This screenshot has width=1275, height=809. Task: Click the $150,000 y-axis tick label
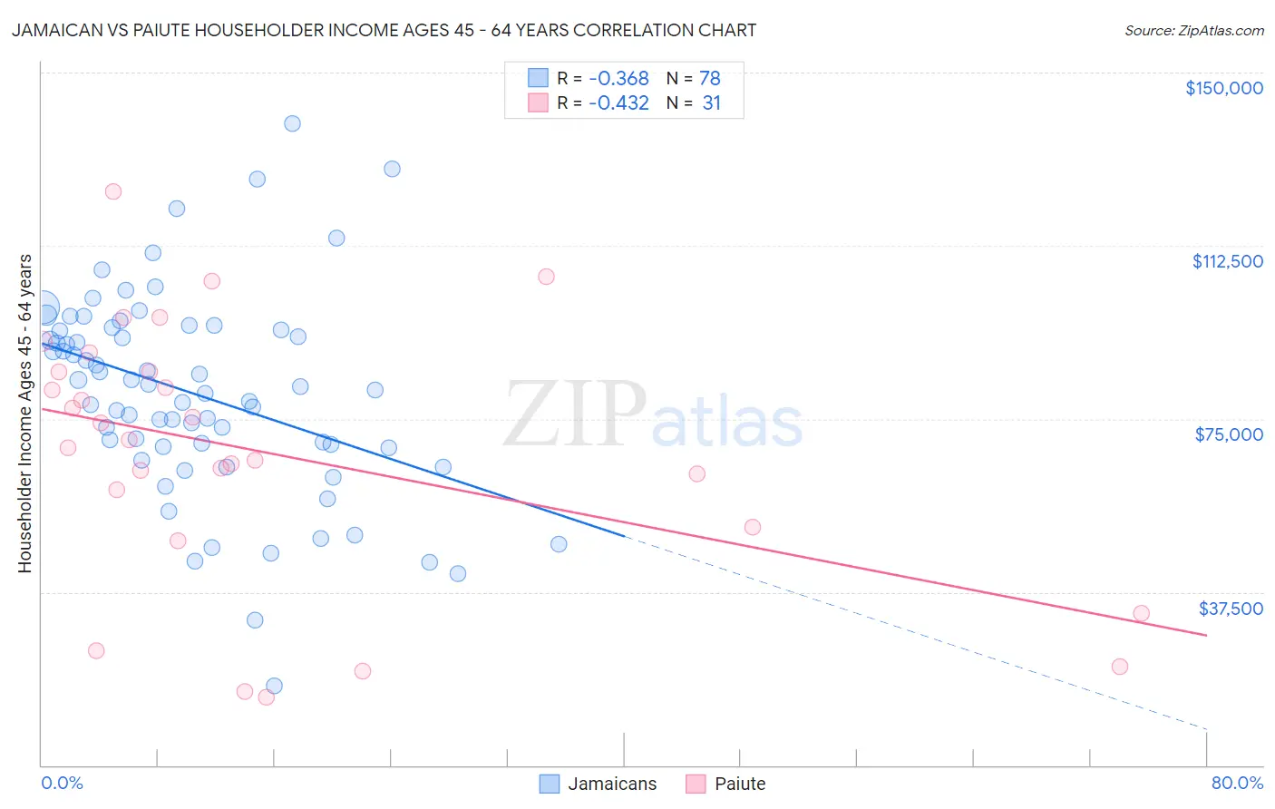pos(1223,88)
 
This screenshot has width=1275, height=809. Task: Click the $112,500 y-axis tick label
pos(1227,261)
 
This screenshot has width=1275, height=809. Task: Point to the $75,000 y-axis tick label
pos(1229,434)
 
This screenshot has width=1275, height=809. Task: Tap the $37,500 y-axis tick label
pos(1231,609)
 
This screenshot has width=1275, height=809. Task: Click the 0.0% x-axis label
pos(62,783)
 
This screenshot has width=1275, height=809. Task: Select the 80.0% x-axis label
pos(1237,783)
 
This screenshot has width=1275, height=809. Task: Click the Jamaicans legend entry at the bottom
pos(599,784)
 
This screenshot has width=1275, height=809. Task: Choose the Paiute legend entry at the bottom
pos(726,784)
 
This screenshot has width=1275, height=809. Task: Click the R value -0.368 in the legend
pos(618,79)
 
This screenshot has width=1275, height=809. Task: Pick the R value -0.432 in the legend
pos(618,103)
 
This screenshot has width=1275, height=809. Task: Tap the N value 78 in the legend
pos(709,79)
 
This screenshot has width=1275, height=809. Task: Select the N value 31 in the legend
pos(711,103)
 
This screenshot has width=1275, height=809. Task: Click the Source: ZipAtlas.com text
pos(1193,31)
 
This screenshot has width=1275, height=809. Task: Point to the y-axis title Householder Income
pos(24,413)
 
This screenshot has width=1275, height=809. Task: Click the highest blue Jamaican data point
pos(292,123)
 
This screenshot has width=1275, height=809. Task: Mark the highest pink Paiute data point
pos(113,191)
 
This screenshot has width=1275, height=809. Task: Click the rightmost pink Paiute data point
pos(1141,613)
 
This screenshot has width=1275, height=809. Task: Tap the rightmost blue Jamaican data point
pos(559,544)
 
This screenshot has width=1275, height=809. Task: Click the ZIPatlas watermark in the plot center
pos(653,415)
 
